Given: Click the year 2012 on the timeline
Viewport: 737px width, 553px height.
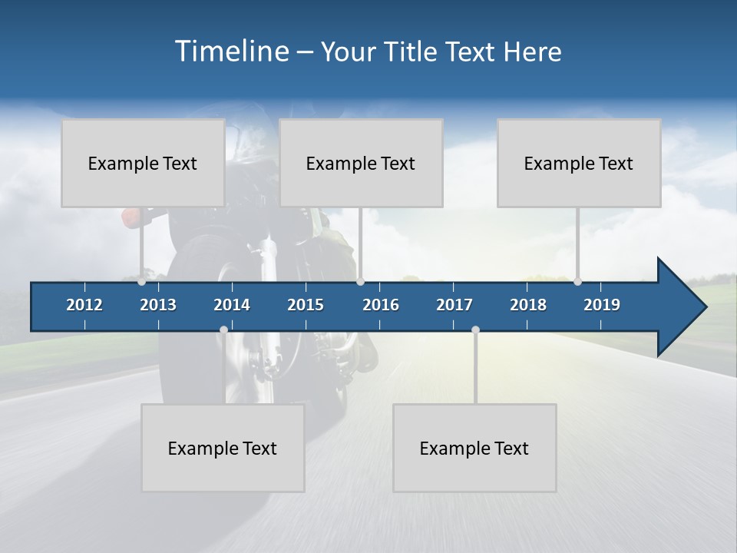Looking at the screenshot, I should pos(84,305).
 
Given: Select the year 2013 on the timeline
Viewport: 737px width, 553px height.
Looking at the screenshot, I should pos(158,305).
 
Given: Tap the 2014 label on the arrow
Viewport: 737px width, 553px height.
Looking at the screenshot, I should pos(232,305).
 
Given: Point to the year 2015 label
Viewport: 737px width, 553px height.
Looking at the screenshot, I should pos(306,305).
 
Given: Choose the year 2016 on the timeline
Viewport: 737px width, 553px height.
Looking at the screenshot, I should pos(381,305).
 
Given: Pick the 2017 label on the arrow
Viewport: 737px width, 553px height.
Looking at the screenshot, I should pos(454,305).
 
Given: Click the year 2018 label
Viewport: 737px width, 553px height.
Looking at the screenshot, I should pos(528,305).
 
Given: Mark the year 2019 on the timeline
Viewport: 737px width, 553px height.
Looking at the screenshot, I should pos(602,305).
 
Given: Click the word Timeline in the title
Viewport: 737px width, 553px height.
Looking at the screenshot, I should pos(231,51).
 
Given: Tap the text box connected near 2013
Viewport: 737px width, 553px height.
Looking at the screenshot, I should pos(143,163).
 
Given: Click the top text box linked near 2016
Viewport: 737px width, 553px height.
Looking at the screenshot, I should pos(361,163).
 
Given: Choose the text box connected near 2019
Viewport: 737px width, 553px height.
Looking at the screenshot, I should pos(579,163).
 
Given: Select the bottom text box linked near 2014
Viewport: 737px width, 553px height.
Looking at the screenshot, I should pos(223,448).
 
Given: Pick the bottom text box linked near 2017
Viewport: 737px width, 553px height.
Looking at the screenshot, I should pos(474,448).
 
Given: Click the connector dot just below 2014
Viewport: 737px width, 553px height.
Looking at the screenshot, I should pos(223,329).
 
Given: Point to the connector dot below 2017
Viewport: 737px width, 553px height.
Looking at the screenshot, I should pos(475,329).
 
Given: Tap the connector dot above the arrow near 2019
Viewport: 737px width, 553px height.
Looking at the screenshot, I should pos(577,281).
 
